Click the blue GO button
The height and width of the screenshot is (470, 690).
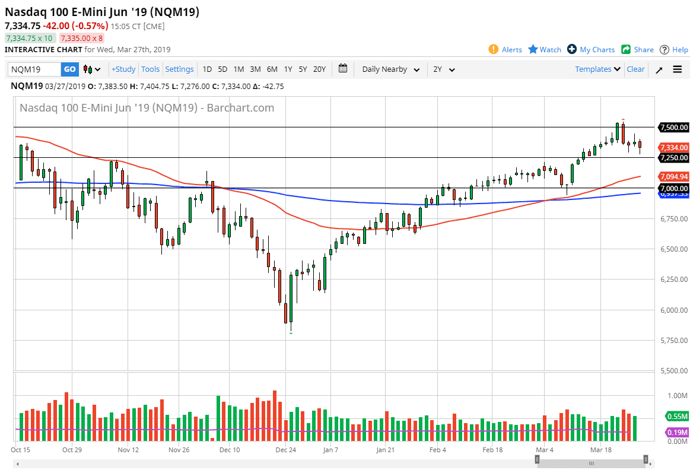[x=69, y=69]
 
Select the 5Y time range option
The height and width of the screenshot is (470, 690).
[x=303, y=69]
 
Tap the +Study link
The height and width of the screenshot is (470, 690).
[x=123, y=69]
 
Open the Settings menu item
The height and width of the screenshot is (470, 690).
[x=179, y=69]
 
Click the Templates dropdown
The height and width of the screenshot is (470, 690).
[x=598, y=69]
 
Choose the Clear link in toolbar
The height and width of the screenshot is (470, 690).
[x=635, y=69]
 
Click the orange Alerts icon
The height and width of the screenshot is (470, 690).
[x=493, y=49]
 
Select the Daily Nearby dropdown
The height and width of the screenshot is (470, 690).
[x=390, y=69]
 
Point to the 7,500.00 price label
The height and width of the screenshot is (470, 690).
[x=675, y=127]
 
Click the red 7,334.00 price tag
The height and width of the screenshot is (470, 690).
[x=675, y=147]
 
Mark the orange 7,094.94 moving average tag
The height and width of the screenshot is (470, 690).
[x=675, y=176]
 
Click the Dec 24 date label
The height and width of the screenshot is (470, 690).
[x=285, y=450]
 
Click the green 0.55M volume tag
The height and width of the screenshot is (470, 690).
[x=676, y=416]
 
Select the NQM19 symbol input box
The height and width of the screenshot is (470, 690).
[x=34, y=69]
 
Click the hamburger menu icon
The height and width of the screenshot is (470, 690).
[x=677, y=69]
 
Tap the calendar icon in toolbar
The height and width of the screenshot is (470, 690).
[x=343, y=69]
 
